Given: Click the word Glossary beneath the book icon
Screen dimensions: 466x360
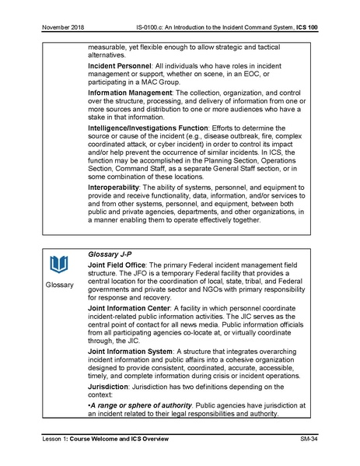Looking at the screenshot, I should click(59, 286).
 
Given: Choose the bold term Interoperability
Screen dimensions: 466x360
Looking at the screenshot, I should click(118, 188).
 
